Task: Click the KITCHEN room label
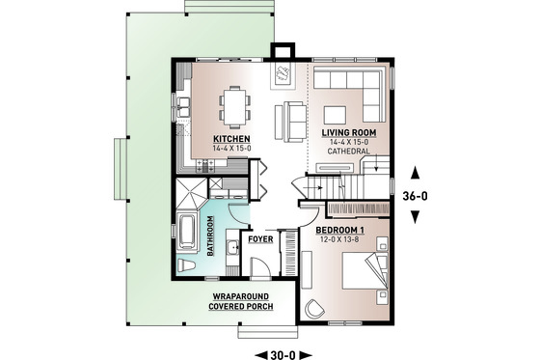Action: coord(231,138)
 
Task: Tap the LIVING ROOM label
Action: coord(346,130)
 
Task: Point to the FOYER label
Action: coord(261,237)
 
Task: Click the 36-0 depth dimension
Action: coord(414,194)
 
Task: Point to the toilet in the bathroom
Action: coord(185,264)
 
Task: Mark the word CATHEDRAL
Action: coord(345,151)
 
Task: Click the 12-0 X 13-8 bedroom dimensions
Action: coord(342,239)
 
